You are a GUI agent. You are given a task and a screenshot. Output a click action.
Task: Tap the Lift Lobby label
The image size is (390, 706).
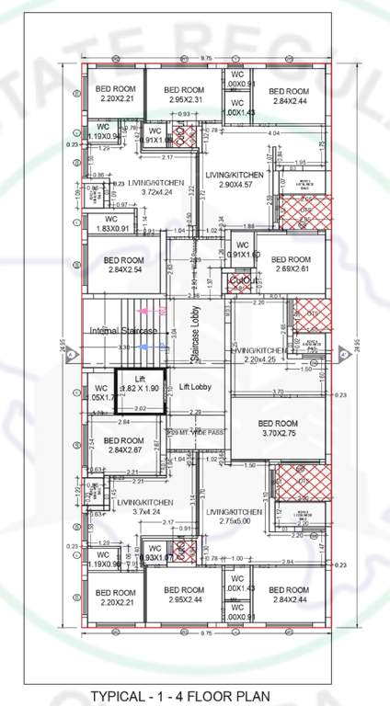tap(196, 387)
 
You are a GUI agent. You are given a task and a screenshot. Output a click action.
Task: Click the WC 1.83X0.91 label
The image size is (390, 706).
tap(112, 223)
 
